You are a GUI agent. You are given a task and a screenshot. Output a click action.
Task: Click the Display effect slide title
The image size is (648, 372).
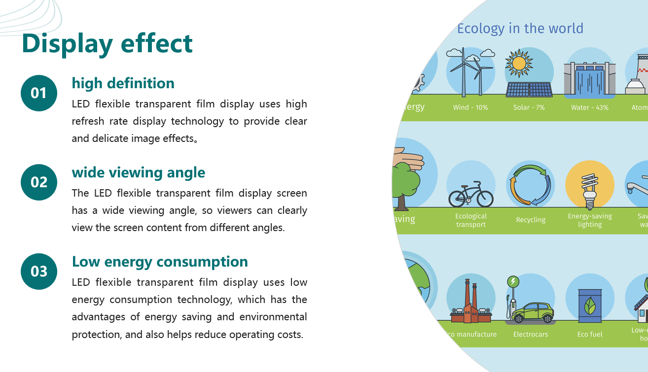107,44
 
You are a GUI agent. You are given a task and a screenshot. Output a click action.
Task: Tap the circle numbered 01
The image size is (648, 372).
39,93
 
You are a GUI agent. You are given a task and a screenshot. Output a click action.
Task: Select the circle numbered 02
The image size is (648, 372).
39,182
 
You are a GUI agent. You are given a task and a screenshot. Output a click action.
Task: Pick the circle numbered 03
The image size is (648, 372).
39,271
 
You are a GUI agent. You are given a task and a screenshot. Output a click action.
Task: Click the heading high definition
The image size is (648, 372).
123,84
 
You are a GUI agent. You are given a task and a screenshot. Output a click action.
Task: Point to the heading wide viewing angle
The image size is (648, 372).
138,173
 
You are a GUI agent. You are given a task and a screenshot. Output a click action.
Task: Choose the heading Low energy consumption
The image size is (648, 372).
160,262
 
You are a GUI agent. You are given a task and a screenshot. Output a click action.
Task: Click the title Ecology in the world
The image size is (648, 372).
520,29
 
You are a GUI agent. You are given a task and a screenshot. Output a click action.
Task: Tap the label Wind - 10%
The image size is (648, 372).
470,107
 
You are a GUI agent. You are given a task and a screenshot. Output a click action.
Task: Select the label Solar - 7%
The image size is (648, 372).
529,107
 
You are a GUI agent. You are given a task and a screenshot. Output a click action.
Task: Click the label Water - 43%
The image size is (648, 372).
590,107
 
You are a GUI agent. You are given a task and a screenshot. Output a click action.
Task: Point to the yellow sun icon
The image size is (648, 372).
519,63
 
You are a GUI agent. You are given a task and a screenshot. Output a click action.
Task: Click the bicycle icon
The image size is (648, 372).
471,194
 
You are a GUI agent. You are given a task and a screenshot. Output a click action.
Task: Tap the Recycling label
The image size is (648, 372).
531,220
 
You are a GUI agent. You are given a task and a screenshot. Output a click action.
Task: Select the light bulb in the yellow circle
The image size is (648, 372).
590,191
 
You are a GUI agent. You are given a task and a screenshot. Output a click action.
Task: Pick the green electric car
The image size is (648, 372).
532,312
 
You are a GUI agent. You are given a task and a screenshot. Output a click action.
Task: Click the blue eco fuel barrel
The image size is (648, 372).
590,306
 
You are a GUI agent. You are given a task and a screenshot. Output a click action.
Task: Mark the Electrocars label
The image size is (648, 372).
531,335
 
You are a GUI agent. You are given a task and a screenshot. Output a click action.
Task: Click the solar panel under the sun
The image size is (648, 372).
529,89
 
